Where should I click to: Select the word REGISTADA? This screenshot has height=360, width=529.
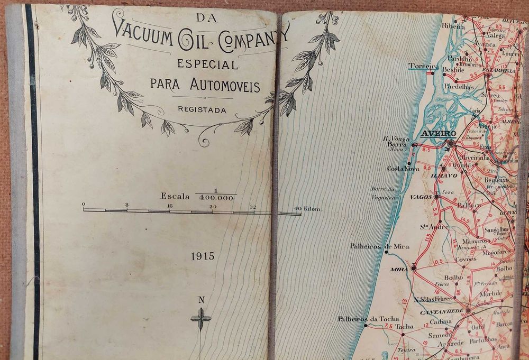click(x=202, y=110)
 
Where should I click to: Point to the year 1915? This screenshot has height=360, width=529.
click(x=203, y=256)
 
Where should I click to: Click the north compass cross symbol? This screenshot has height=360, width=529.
click(x=200, y=319)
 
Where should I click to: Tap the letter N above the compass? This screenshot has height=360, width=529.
click(x=201, y=300)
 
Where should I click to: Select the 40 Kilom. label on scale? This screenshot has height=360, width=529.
click(x=308, y=208)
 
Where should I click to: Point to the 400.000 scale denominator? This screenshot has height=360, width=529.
click(x=216, y=197)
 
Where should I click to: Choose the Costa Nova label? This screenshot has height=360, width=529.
click(x=403, y=169)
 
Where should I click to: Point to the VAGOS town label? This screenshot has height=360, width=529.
click(x=422, y=197)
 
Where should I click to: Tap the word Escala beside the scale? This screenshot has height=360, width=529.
click(x=175, y=196)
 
